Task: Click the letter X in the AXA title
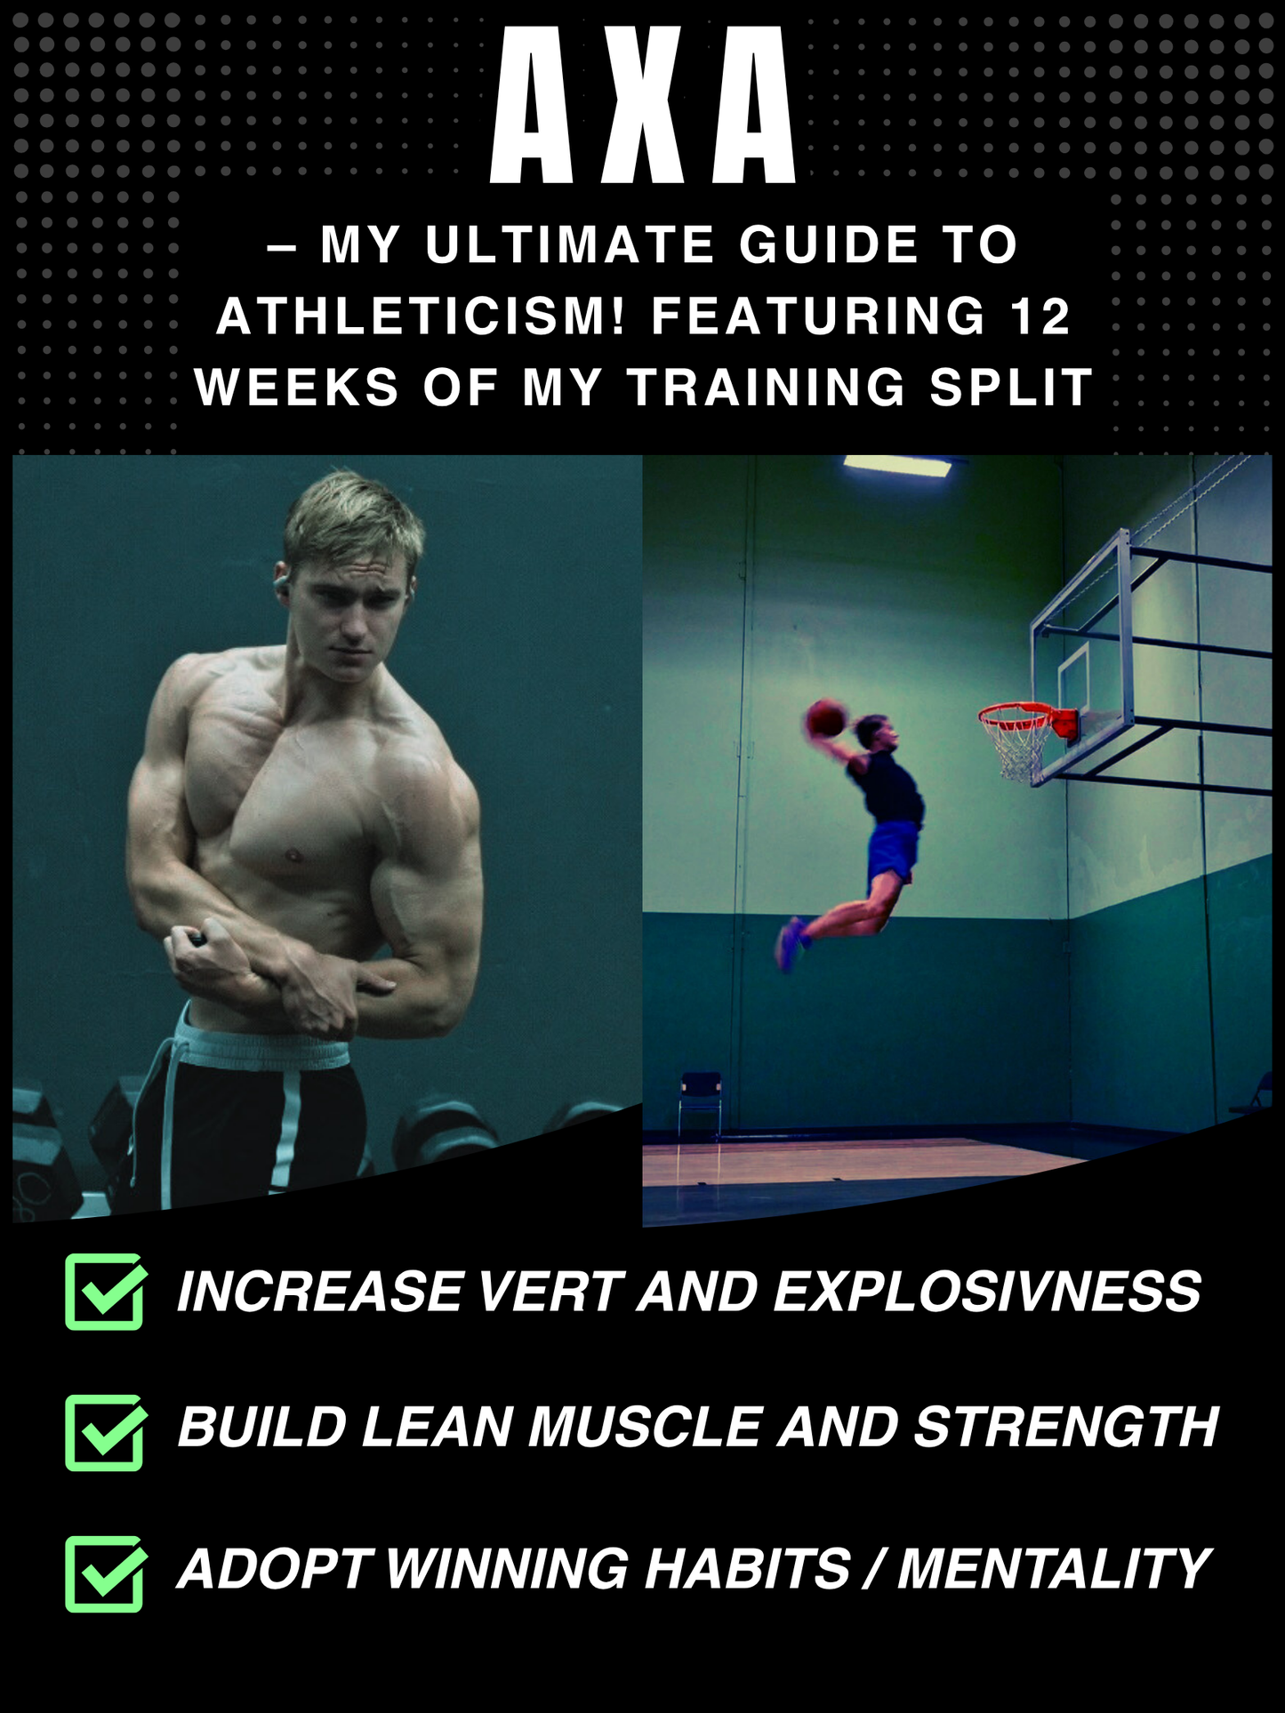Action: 642,105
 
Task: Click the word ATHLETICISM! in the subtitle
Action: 422,316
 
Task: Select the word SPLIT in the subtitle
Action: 1011,388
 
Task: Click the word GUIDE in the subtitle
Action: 829,244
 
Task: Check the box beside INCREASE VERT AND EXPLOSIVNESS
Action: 105,1292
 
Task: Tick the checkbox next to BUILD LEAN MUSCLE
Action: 105,1432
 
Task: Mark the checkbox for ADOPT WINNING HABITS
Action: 105,1573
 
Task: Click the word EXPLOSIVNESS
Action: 987,1291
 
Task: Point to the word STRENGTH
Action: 1066,1427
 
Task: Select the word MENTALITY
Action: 1054,1568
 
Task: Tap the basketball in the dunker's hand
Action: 826,718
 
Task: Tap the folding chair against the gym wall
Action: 700,1103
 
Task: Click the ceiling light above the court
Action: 897,465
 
